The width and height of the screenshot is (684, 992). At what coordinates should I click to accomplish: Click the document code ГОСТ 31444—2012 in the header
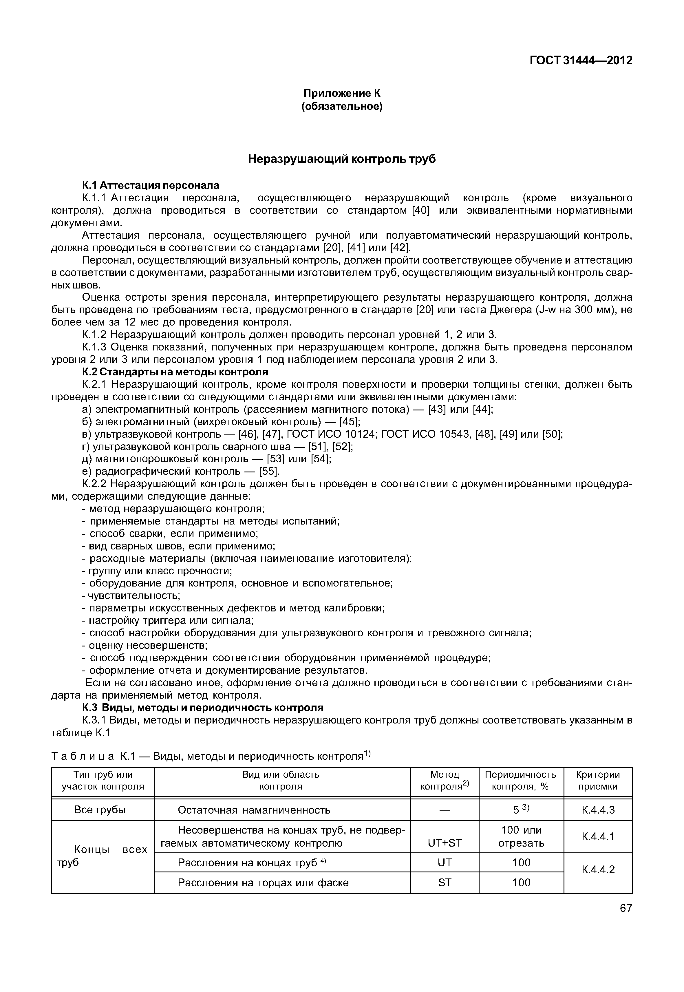tap(581, 61)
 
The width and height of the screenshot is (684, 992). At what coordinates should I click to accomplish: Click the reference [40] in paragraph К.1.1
tap(420, 211)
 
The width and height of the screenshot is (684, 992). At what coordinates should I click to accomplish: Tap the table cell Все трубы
tap(100, 810)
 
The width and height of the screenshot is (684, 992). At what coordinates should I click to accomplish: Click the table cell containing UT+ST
tap(445, 843)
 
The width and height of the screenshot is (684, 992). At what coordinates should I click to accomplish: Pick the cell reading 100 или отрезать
tap(521, 837)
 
